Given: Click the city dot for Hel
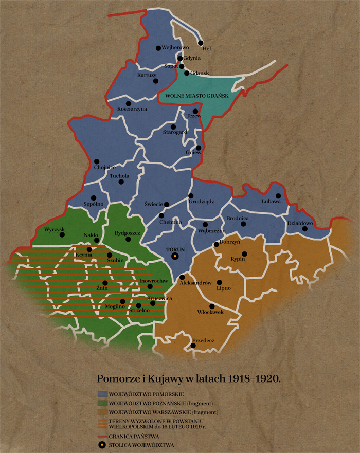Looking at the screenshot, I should pos(201,43).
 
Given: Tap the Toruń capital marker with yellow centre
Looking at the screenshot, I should pos(175,256).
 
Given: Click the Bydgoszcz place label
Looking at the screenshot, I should pos(128,233).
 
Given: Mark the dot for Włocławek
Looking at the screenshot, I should pos(212,306).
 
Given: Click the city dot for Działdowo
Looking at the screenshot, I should pos(305,229).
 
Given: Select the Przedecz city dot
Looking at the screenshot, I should pos(193,346).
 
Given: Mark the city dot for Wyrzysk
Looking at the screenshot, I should pos(62,235).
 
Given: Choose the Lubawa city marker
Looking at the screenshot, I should pos(278,196).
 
